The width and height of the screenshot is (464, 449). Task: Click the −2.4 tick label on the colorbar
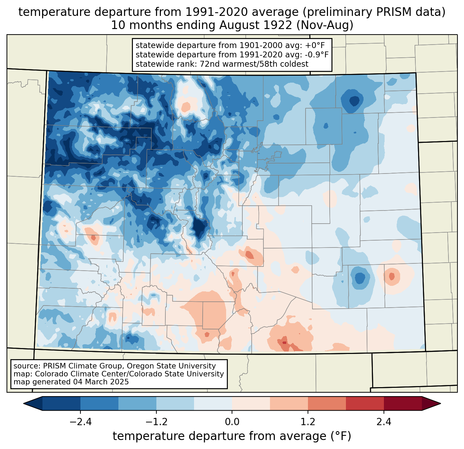80,422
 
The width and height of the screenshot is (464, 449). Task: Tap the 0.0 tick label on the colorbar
232,422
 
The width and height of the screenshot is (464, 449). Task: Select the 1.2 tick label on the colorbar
308,422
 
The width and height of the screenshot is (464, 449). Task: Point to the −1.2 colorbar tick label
156,422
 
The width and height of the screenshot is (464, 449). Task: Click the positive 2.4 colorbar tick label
384,422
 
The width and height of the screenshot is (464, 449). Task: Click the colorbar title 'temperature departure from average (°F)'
232,436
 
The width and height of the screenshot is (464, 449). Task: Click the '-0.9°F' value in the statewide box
316,55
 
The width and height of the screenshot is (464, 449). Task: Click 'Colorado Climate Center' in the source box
76,374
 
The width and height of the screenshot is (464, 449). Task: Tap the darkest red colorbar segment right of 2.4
403,403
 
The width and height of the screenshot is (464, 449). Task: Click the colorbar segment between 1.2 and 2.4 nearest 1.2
327,403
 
